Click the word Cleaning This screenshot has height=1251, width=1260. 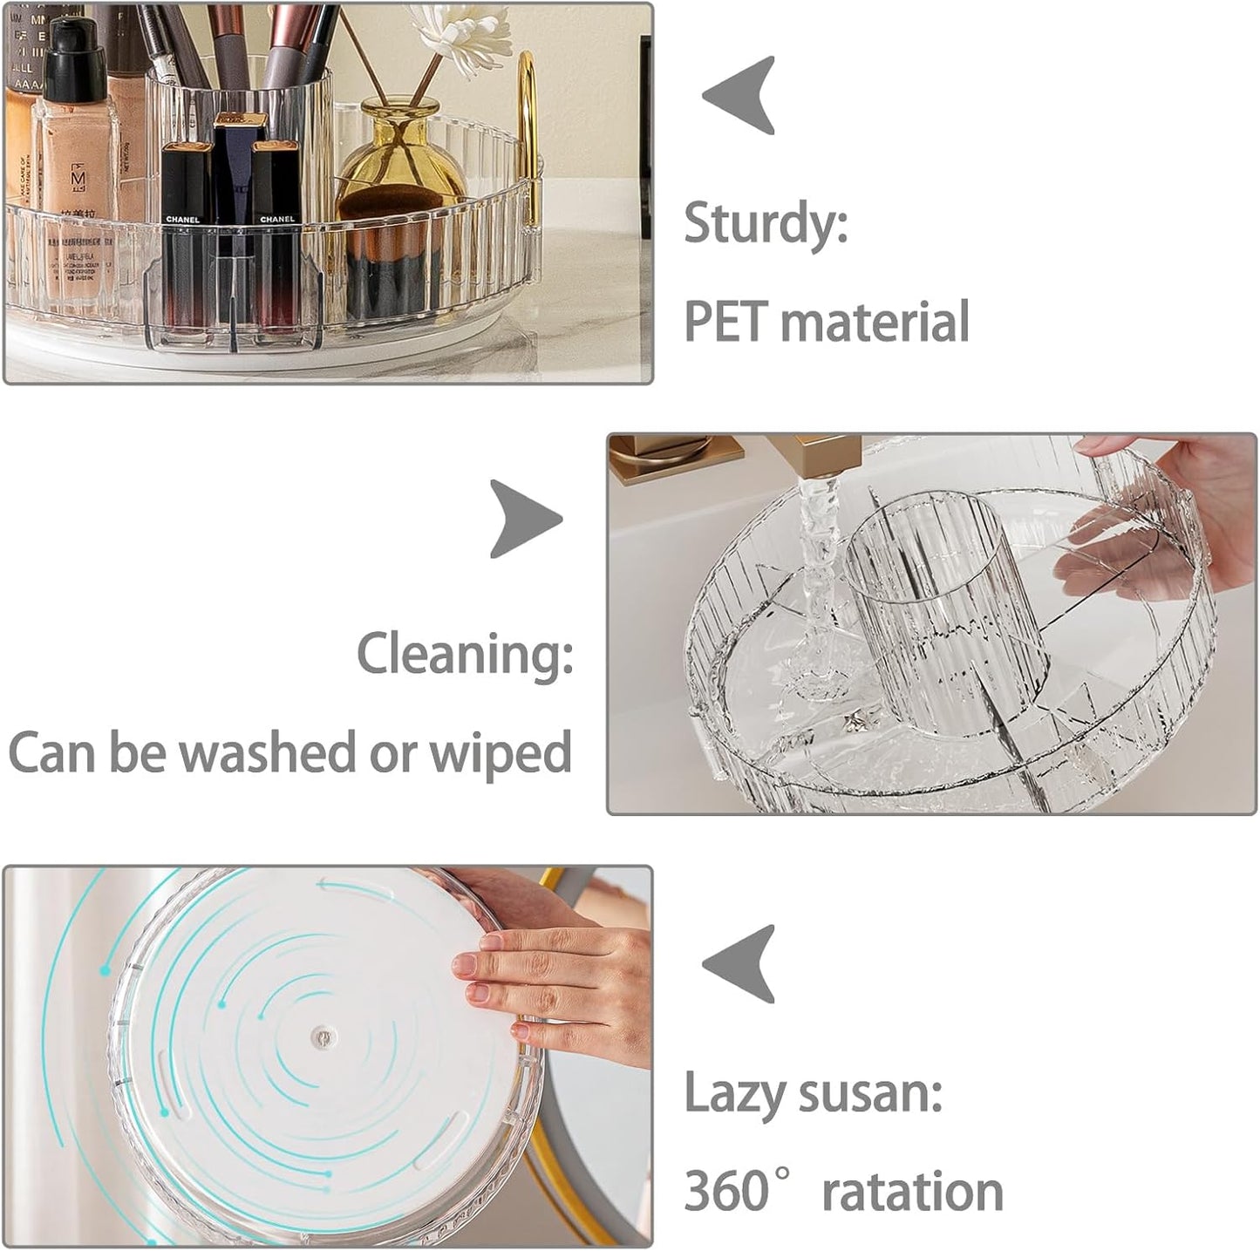[x=465, y=653]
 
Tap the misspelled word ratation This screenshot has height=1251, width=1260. [x=912, y=1191]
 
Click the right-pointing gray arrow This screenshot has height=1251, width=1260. [x=523, y=519]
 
